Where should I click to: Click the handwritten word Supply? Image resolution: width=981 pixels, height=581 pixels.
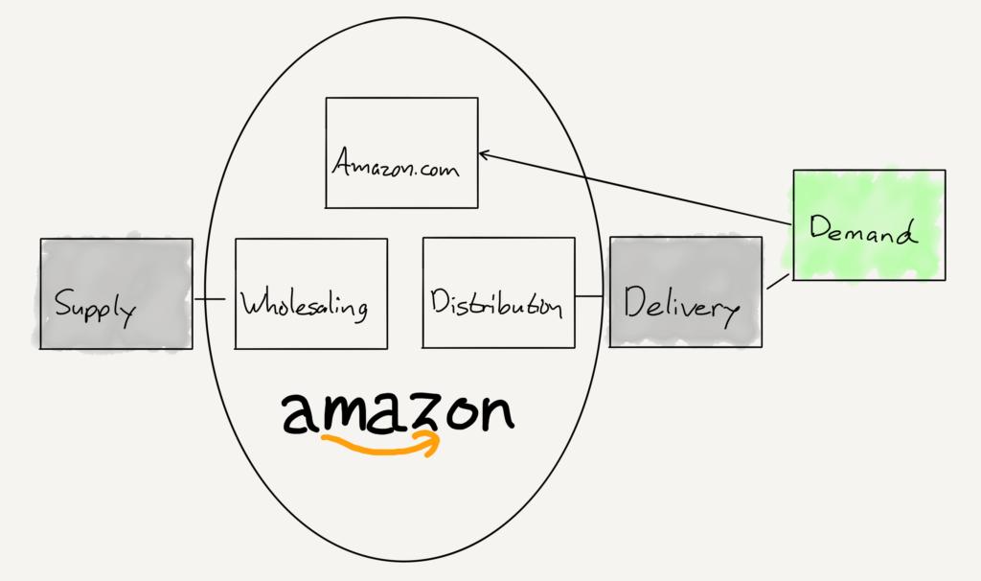point(95,307)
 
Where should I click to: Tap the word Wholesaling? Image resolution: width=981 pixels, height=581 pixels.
point(305,305)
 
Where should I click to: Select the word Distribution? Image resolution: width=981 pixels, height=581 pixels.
point(496,303)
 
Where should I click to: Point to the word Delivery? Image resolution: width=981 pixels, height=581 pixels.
point(682,306)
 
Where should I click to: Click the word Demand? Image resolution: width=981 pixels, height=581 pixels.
point(863,229)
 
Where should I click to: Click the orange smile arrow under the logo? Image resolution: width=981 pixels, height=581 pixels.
point(380,443)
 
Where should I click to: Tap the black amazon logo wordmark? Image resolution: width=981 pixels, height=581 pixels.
point(399,413)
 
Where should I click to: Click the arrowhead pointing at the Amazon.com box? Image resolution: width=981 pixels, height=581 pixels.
point(484,154)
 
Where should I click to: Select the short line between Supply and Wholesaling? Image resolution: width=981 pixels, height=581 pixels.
point(210,299)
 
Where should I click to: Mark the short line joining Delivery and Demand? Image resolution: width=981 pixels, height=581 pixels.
point(778,281)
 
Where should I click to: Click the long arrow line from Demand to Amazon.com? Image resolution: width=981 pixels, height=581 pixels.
point(635,189)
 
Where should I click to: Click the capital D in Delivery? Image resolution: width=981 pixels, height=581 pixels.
point(636,302)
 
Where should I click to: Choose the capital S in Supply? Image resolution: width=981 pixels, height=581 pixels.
point(63,302)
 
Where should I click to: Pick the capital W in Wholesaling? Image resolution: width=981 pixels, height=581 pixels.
point(255,303)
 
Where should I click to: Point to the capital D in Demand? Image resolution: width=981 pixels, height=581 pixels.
point(821,226)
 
